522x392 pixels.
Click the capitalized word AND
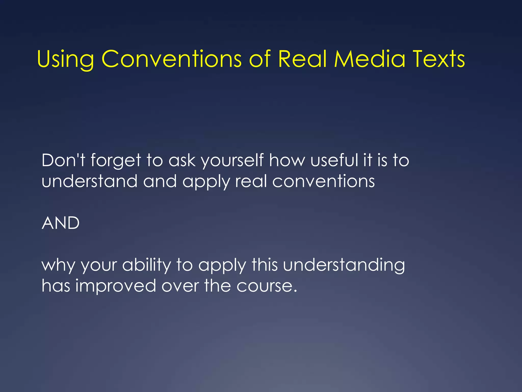click(61, 223)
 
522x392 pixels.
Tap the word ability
click(147, 265)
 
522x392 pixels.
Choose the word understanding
click(344, 265)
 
